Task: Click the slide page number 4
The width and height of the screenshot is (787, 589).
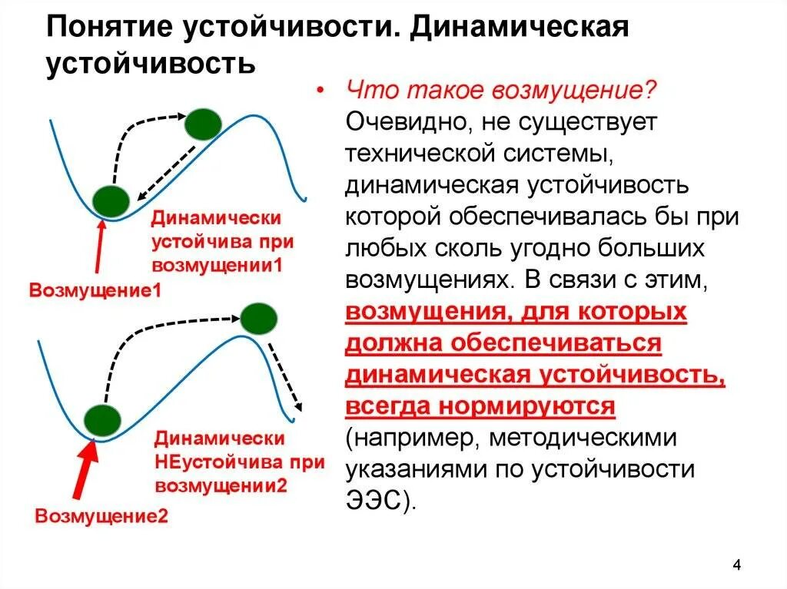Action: click(737, 566)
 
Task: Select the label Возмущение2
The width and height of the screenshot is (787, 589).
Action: click(101, 515)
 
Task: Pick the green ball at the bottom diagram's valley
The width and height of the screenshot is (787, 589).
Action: click(103, 421)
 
